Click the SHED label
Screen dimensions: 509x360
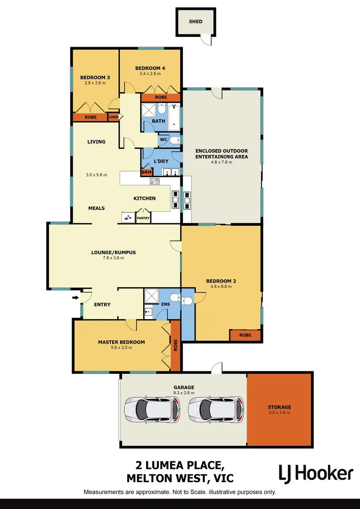196,21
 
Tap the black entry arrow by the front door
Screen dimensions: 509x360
75,297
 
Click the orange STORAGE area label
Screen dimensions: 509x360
279,407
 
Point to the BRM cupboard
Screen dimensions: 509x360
147,172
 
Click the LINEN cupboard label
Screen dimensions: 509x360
114,117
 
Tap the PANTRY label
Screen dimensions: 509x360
143,218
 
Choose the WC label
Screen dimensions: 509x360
164,140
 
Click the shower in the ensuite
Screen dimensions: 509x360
151,296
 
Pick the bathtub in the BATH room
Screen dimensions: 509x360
174,117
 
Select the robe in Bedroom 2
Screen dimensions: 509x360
245,335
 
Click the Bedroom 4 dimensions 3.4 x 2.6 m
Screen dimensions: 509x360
150,74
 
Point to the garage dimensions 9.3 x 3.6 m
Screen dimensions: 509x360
183,393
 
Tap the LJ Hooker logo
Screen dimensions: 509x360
315,473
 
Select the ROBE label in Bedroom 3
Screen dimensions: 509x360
90,117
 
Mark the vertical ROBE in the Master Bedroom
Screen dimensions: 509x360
175,345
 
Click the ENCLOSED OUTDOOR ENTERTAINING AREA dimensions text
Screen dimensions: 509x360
221,162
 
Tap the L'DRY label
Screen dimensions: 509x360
161,161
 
